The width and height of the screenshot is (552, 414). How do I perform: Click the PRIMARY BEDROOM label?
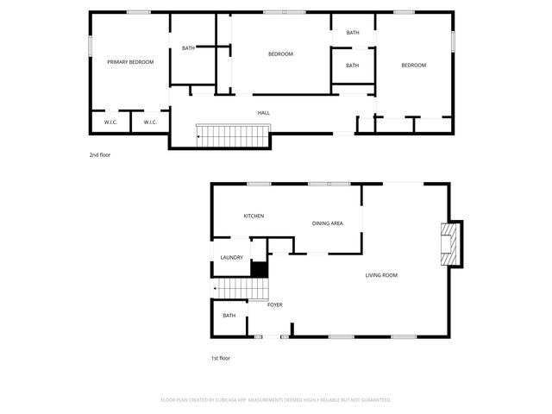pyautogui.click(x=130, y=62)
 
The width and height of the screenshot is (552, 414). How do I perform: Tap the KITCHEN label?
pyautogui.click(x=254, y=216)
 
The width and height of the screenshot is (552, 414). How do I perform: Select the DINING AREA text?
pyautogui.click(x=328, y=223)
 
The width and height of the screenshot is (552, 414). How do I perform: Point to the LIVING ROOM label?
pyautogui.click(x=381, y=275)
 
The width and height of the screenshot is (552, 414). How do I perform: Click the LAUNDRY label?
pyautogui.click(x=232, y=258)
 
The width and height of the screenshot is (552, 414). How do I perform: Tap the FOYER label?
pyautogui.click(x=274, y=304)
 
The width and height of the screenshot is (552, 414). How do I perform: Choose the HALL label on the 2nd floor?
pyautogui.click(x=264, y=113)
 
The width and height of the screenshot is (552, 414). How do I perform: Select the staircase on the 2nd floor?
pyautogui.click(x=234, y=136)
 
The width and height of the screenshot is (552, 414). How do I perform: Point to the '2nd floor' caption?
pyautogui.click(x=100, y=155)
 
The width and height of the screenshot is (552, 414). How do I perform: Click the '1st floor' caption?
pyautogui.click(x=221, y=358)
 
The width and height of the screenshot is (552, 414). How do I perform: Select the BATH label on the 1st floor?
pyautogui.click(x=229, y=316)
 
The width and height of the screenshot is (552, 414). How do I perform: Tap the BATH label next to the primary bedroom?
pyautogui.click(x=188, y=48)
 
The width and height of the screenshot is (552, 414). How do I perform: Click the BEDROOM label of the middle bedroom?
pyautogui.click(x=280, y=54)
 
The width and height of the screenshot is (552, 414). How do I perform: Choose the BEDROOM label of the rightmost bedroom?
pyautogui.click(x=413, y=66)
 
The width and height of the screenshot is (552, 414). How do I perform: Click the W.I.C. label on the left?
pyautogui.click(x=110, y=122)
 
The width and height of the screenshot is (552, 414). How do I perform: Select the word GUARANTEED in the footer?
pyautogui.click(x=372, y=400)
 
